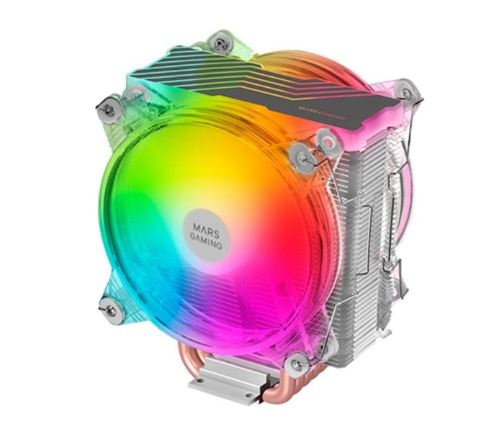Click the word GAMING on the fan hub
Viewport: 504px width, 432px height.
pos(205,240)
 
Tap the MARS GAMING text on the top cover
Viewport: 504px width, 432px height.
pos(322,113)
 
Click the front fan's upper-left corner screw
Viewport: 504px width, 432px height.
pos(109,110)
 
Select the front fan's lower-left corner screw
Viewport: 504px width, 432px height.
pos(111,310)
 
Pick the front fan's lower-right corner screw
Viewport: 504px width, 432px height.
pos(297,364)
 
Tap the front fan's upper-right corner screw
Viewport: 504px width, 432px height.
pos(302,156)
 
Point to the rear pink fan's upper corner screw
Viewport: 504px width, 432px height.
pos(407,93)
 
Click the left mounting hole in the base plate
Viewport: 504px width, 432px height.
pos(202,381)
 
